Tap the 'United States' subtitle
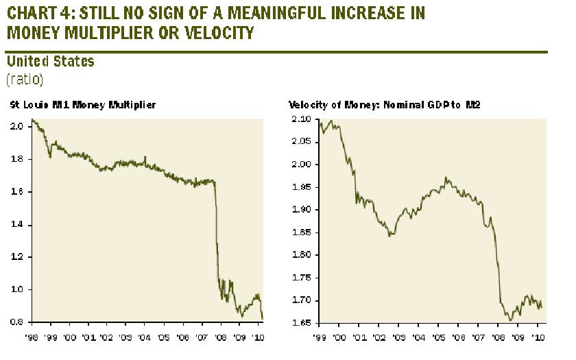click(50, 62)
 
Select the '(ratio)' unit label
click(25, 79)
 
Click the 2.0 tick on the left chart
click(19, 127)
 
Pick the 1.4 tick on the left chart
click(19, 224)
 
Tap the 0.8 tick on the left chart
click(19, 322)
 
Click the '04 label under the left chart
click(143, 337)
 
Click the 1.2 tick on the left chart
click(19, 257)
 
